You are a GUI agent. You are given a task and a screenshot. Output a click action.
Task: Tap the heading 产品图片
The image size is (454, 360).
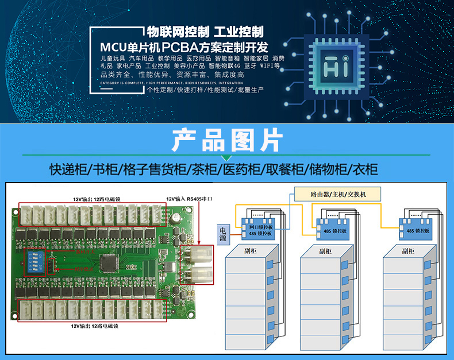(226, 139)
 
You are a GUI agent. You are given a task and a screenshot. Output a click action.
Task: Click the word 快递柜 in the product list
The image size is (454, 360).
(67, 169)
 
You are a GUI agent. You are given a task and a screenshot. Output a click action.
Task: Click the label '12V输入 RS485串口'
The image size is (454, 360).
(190, 199)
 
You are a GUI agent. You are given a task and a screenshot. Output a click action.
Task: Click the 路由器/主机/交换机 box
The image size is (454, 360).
(337, 194)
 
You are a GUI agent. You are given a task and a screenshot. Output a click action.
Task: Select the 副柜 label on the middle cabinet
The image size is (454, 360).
(325, 251)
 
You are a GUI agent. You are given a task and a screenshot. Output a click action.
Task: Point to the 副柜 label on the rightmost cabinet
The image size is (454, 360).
(408, 251)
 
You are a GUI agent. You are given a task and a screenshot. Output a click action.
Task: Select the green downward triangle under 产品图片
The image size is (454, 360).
(226, 157)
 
